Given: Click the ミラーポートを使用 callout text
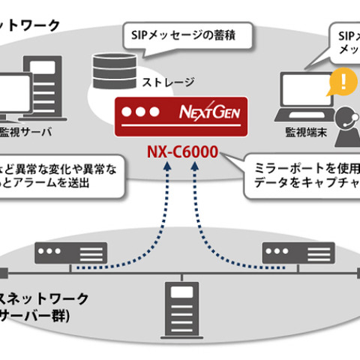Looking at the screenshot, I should (x=307, y=165).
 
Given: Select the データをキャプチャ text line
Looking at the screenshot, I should (x=307, y=182).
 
